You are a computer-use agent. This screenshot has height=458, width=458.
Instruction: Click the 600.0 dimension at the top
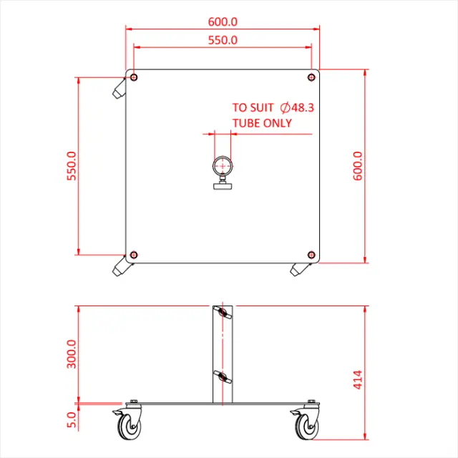click(x=223, y=22)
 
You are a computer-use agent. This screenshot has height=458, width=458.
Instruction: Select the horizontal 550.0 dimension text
click(x=223, y=40)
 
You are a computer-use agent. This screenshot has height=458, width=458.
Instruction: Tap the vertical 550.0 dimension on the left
click(x=72, y=165)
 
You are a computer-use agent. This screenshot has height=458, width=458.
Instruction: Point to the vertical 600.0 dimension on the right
click(x=358, y=165)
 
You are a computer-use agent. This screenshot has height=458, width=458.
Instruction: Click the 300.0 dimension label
click(x=72, y=354)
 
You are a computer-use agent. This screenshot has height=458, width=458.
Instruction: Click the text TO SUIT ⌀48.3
click(x=273, y=107)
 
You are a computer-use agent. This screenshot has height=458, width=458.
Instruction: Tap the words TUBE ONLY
click(x=261, y=122)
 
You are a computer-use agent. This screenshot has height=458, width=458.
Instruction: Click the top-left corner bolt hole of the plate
click(x=134, y=77)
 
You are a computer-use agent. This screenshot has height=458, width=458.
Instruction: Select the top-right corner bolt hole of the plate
click(x=311, y=77)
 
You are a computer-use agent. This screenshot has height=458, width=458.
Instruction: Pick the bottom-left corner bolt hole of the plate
click(x=134, y=255)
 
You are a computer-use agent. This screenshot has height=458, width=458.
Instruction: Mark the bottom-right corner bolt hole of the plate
click(x=311, y=255)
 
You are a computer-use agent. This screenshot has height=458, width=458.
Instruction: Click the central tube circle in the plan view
click(x=223, y=166)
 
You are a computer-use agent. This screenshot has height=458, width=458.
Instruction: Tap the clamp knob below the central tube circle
click(x=223, y=187)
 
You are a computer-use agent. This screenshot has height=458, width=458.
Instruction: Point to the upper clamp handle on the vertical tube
click(x=223, y=313)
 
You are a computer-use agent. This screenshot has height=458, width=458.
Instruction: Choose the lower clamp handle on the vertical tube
click(x=223, y=376)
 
